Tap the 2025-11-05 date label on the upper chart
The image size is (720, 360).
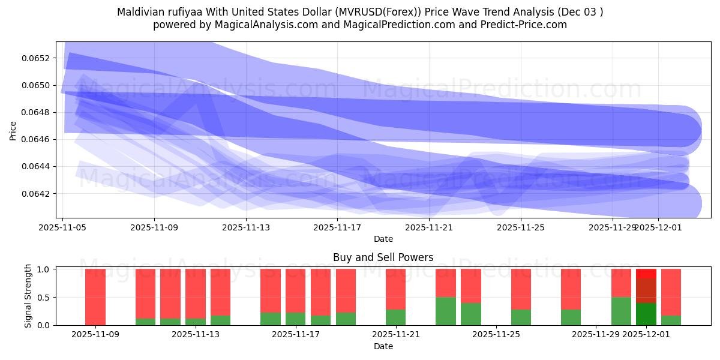pos(63,227)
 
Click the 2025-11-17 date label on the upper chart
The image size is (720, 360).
pos(337,227)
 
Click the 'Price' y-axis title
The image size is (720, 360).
pos(13,130)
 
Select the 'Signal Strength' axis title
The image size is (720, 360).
pos(28,296)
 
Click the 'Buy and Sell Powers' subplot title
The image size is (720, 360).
pos(383,257)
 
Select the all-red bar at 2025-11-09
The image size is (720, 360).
pos(95,297)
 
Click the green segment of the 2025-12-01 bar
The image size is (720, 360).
pos(646,314)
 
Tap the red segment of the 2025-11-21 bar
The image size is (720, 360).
pos(396,289)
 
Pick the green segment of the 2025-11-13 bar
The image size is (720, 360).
pos(220,320)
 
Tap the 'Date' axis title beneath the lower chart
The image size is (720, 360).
pos(383,346)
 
